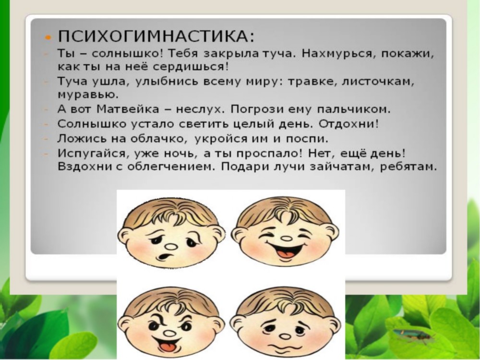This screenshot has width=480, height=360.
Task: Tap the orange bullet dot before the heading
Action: coord(48,37)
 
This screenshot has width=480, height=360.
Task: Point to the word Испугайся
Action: coord(92,153)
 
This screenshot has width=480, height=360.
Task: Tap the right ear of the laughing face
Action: coord(332,233)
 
